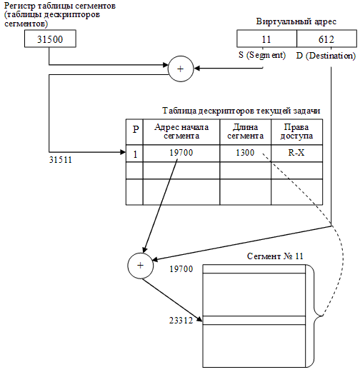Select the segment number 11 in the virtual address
point(267,39)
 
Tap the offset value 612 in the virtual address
point(326,39)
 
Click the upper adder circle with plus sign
point(180,69)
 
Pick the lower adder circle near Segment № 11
point(140,266)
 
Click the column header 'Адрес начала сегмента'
point(181,131)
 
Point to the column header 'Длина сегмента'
point(245,131)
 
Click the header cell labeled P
point(135,131)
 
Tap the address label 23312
point(181,321)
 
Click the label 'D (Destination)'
point(326,56)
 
